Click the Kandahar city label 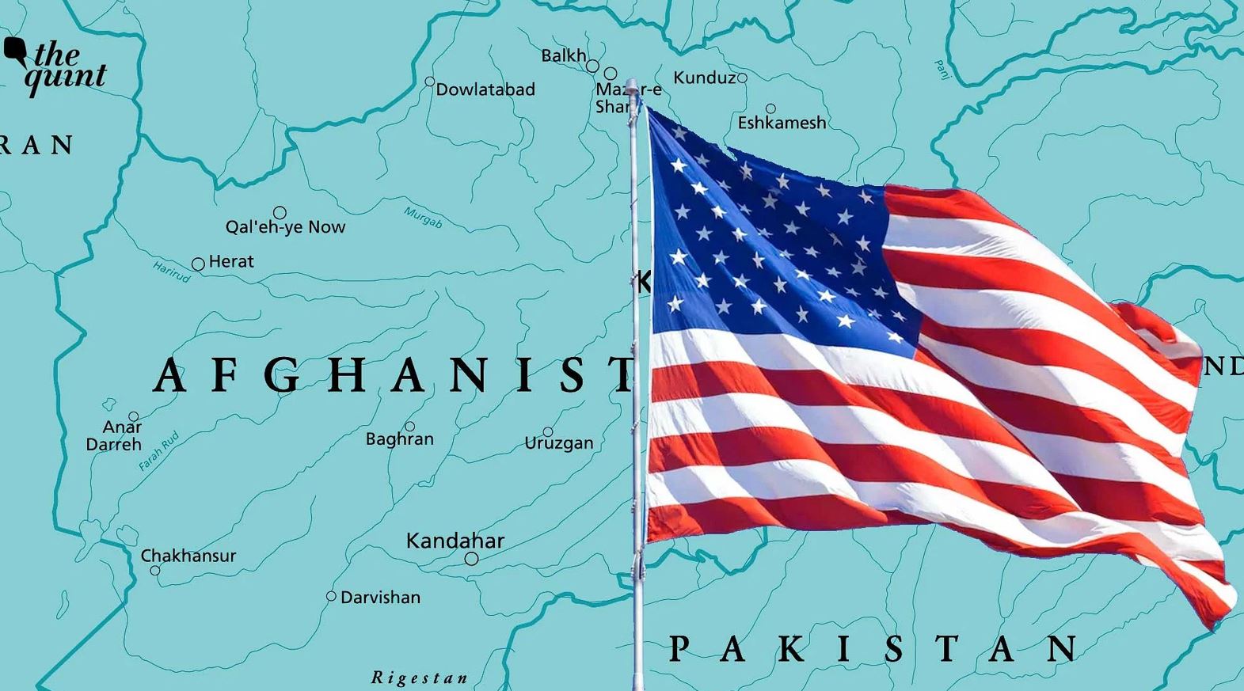pyautogui.click(x=455, y=541)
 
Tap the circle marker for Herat pyautogui.click(x=198, y=264)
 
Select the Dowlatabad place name pyautogui.click(x=485, y=90)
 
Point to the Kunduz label pyautogui.click(x=704, y=78)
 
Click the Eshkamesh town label pyautogui.click(x=782, y=123)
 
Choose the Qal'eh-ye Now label pyautogui.click(x=285, y=227)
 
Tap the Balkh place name pyautogui.click(x=563, y=55)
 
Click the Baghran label pyautogui.click(x=399, y=439)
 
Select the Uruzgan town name pyautogui.click(x=558, y=443)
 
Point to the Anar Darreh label pyautogui.click(x=115, y=436)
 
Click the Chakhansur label pyautogui.click(x=188, y=556)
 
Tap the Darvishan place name pyautogui.click(x=380, y=598)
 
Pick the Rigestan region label pyautogui.click(x=420, y=678)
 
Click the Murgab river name pyautogui.click(x=423, y=217)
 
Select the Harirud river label pyautogui.click(x=171, y=271)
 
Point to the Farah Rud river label pyautogui.click(x=158, y=452)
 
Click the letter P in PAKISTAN pyautogui.click(x=679, y=649)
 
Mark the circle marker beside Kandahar pyautogui.click(x=471, y=559)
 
